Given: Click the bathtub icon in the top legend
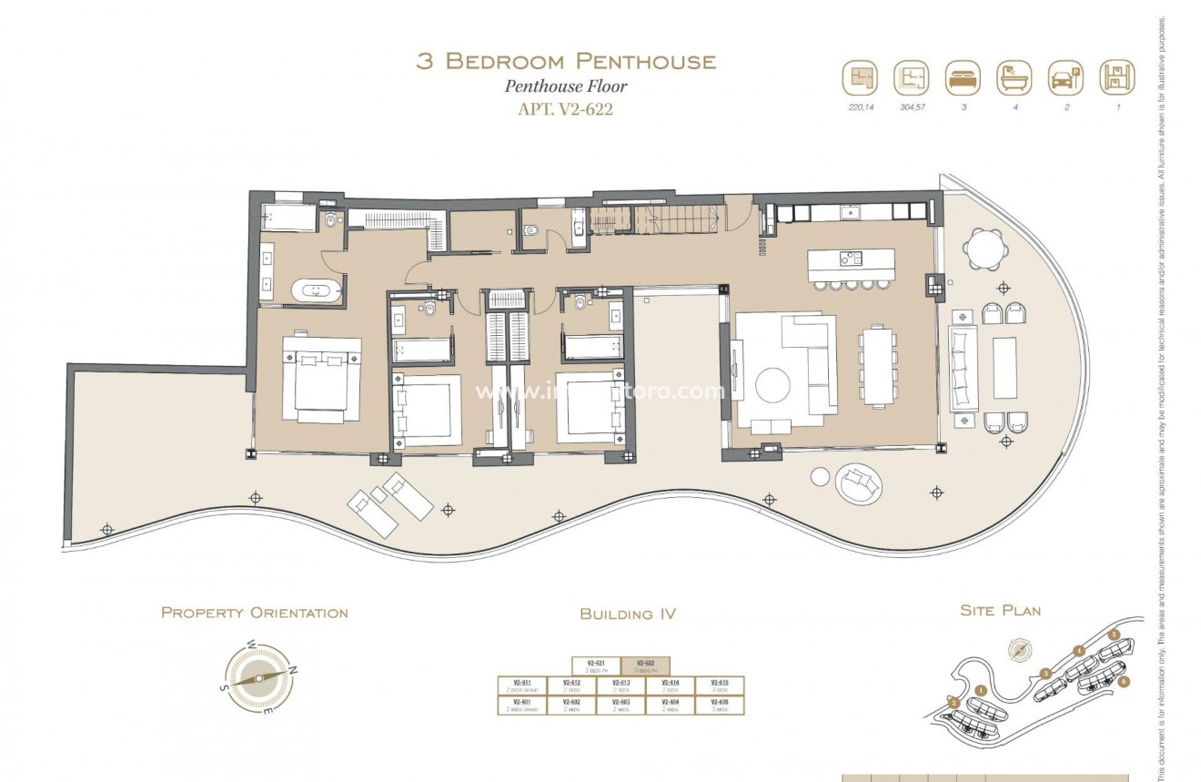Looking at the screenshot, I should click(x=1014, y=77).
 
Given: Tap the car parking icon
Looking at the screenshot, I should click(x=1065, y=77).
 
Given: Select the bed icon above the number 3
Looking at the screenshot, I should click(x=962, y=77).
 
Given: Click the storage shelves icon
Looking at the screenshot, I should click(x=1116, y=77).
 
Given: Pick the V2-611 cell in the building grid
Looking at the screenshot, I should click(x=522, y=686).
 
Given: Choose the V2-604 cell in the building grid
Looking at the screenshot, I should click(x=671, y=705).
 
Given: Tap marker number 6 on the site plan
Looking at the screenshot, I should click(x=1125, y=680).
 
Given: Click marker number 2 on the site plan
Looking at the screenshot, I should click(x=954, y=703).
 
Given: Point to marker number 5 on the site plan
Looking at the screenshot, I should click(x=1114, y=634).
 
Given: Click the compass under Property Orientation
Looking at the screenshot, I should click(x=259, y=678).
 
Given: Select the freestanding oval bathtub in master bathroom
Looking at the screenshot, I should click(x=316, y=291).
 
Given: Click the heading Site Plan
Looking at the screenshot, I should click(x=1000, y=610).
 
